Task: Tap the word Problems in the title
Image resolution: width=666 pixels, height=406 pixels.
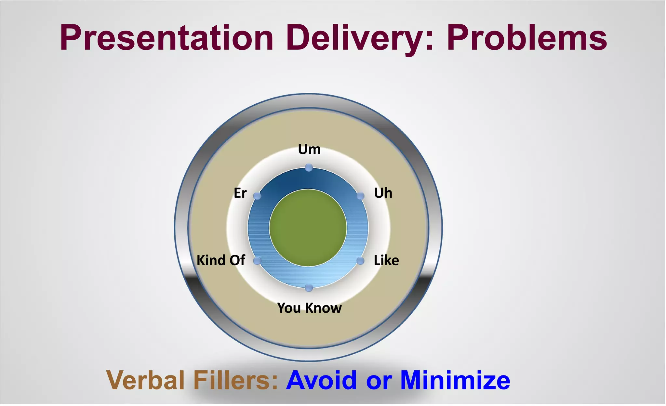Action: tap(527, 38)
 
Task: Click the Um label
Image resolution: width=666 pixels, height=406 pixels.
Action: tap(309, 150)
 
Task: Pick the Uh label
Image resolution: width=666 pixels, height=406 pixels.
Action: tap(383, 193)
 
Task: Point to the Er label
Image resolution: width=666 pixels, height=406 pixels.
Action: tap(240, 193)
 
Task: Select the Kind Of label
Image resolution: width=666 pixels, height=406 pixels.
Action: tap(221, 260)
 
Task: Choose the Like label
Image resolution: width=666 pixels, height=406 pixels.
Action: tap(386, 260)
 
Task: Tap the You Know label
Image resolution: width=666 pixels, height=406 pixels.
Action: tap(309, 308)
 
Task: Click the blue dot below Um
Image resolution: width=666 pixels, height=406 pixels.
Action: tap(309, 168)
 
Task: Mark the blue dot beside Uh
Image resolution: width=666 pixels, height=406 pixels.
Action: tap(360, 196)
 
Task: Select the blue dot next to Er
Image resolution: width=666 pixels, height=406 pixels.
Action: tap(257, 196)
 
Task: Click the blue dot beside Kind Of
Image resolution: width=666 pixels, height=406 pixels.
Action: tap(257, 261)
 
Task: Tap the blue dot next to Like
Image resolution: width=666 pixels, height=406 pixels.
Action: tap(360, 261)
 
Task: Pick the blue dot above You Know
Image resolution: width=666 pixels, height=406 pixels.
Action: tap(309, 288)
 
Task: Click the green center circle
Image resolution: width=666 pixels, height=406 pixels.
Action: tap(308, 228)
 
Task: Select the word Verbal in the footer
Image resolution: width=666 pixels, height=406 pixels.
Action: tap(145, 380)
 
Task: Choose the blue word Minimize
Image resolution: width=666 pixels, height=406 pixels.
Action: tap(455, 380)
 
